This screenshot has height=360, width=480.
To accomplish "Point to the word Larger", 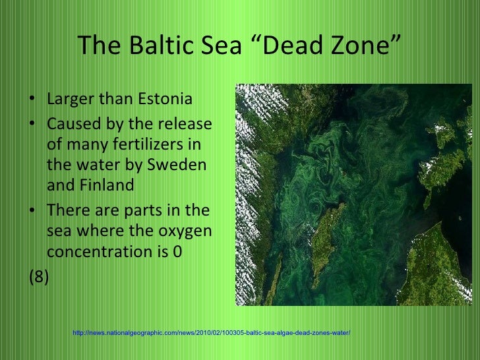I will (x=69, y=101).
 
